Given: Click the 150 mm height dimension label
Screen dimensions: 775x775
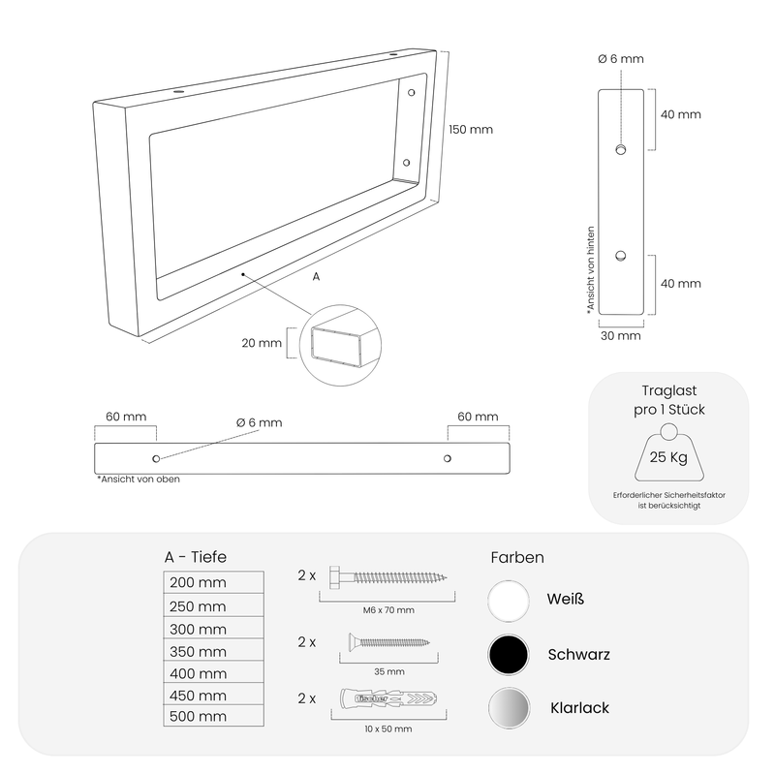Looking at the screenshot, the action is click(471, 130).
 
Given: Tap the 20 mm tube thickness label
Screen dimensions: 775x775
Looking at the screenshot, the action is click(262, 343).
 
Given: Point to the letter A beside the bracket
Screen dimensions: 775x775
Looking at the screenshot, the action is click(317, 277).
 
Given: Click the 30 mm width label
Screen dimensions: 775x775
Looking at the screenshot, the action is click(621, 336).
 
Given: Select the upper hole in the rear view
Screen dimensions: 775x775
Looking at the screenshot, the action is click(621, 149).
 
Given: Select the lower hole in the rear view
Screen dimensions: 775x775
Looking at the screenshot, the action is click(621, 256).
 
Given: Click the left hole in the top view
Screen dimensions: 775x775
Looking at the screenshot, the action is click(156, 458).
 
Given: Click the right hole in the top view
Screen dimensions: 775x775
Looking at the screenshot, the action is click(448, 458).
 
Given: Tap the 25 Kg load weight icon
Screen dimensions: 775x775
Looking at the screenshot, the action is click(669, 452).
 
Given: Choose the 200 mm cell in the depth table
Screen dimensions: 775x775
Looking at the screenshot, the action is click(213, 582).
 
